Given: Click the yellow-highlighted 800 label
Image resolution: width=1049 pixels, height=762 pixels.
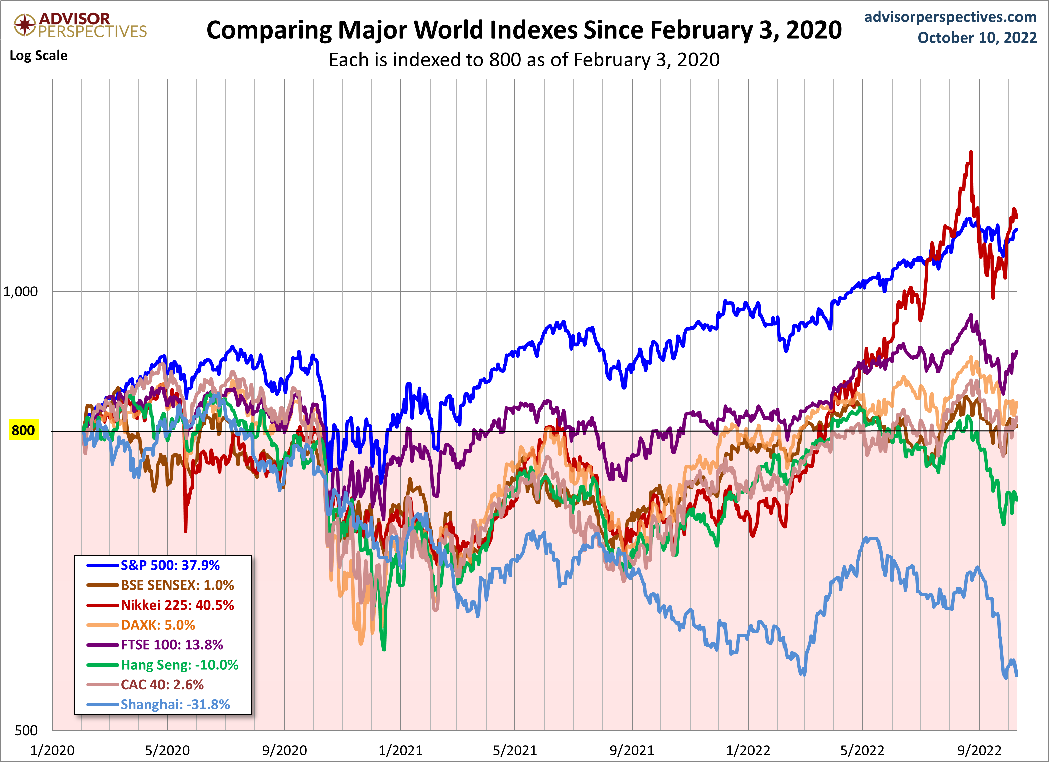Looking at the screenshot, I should coord(23,430).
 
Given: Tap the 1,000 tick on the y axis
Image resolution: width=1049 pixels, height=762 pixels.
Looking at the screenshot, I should coord(20,292).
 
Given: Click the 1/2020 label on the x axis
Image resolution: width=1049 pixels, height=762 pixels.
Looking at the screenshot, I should coord(52,750).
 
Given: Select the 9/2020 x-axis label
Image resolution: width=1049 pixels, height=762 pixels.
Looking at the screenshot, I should coord(284,750).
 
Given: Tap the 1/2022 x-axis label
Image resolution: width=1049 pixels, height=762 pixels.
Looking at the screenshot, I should coord(748,750).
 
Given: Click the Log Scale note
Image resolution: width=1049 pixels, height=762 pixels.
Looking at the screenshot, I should coord(39,56).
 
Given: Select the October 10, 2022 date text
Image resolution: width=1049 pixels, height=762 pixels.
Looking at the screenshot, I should coord(977,38).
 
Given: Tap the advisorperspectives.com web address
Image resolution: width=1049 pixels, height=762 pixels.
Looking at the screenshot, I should coord(950,17).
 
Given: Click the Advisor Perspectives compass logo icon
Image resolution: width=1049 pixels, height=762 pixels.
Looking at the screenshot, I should coord(24,24).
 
